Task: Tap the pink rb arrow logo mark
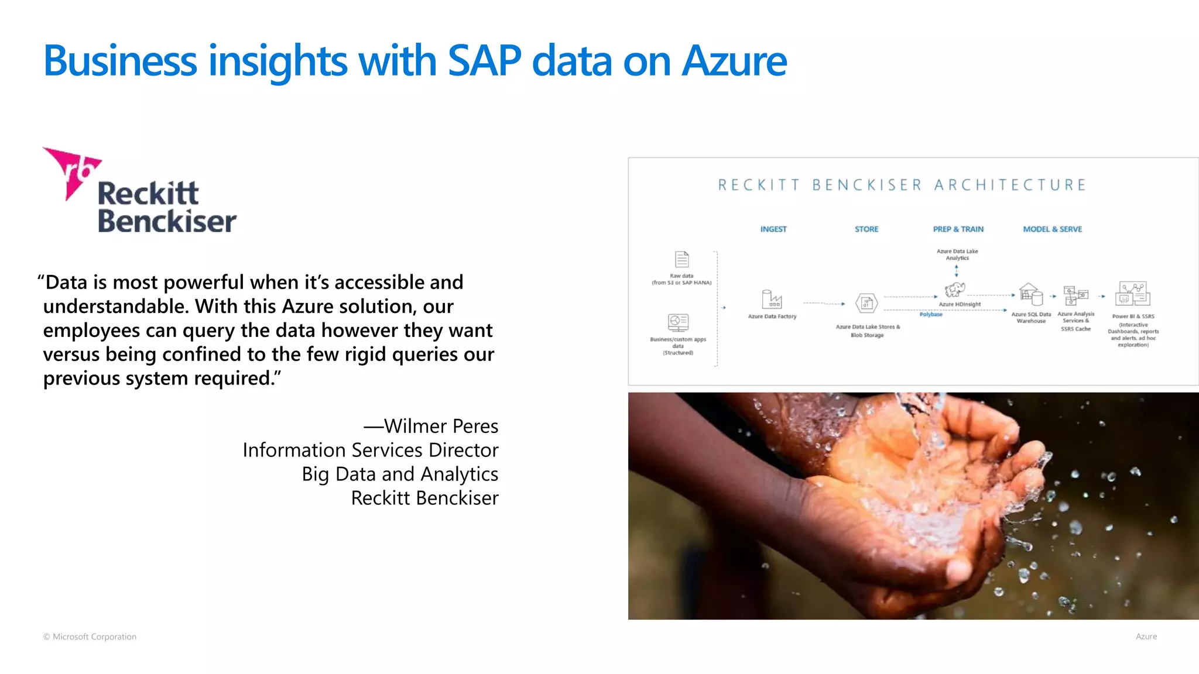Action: (x=73, y=170)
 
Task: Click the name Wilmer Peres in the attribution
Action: (x=441, y=426)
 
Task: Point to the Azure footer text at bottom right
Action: (x=1146, y=637)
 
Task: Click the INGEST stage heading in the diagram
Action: (x=773, y=229)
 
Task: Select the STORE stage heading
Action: (x=866, y=229)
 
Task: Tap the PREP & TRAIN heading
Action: (x=958, y=229)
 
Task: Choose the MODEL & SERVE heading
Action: (x=1052, y=229)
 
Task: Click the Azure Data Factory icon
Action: (x=772, y=299)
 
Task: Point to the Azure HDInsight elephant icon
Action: (x=955, y=290)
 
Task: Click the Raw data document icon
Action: (x=682, y=259)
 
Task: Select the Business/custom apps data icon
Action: (x=678, y=322)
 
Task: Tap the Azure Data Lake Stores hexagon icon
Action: (x=866, y=303)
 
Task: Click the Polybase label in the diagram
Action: (x=931, y=315)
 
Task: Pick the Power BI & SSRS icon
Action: (x=1133, y=294)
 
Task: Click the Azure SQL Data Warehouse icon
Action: (x=1031, y=295)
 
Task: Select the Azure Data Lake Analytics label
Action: (x=957, y=255)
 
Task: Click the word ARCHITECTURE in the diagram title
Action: (x=1010, y=185)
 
